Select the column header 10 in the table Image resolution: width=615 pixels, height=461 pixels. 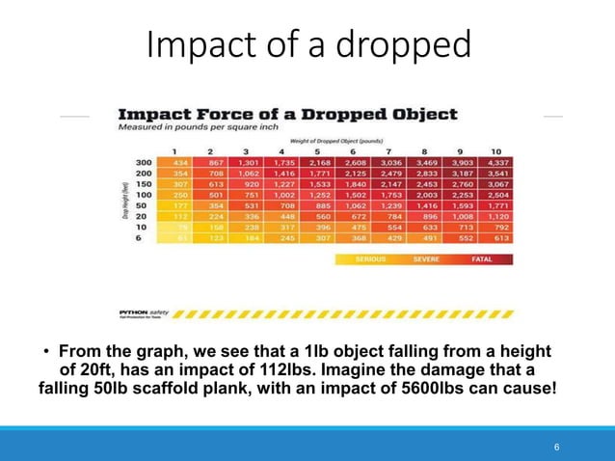(x=495, y=150)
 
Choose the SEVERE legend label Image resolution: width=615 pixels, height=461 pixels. (x=427, y=259)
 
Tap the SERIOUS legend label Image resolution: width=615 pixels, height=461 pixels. (x=370, y=259)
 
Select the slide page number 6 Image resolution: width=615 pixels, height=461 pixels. (x=556, y=448)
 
